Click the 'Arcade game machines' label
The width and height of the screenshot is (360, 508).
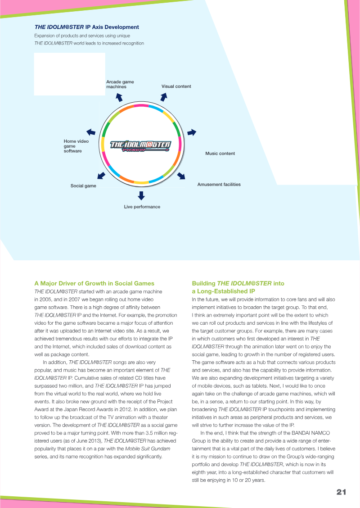(120, 84)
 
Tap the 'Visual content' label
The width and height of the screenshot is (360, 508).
(176, 86)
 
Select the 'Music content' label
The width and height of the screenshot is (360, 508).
(220, 154)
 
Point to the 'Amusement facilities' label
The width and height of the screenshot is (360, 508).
(219, 184)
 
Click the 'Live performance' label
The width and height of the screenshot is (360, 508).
(142, 207)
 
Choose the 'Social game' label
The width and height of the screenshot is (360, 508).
(83, 186)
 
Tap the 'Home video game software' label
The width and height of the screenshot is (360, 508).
(76, 146)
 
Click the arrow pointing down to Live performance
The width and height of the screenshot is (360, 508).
(141, 195)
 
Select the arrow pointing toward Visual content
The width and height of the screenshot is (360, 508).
(164, 96)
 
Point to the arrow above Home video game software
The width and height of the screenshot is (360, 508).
(90, 132)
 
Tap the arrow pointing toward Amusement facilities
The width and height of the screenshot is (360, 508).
(181, 176)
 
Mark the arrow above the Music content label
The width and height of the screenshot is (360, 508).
(192, 132)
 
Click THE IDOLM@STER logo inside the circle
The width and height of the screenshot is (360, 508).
(141, 145)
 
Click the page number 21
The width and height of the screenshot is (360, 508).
(341, 492)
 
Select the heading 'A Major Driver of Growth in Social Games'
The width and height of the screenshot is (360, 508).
(94, 283)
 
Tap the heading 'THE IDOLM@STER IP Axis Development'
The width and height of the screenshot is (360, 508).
(87, 27)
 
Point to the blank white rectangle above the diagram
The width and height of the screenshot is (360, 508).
(69, 74)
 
